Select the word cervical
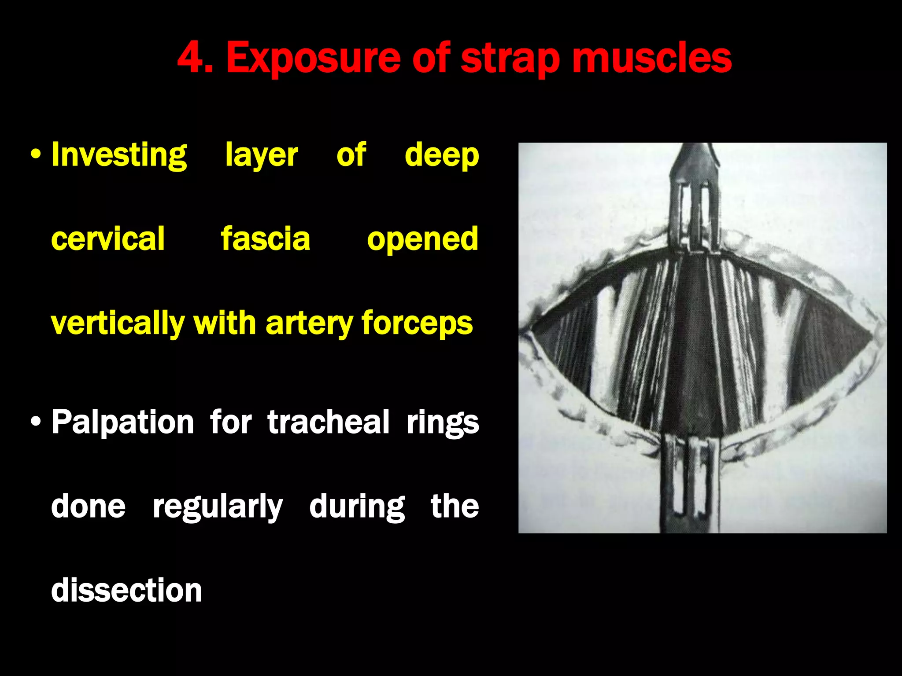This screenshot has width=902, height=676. pyautogui.click(x=108, y=239)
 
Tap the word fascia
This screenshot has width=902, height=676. pyautogui.click(x=266, y=239)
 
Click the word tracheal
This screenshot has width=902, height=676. pyautogui.click(x=328, y=422)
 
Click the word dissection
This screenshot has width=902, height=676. pyautogui.click(x=126, y=590)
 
